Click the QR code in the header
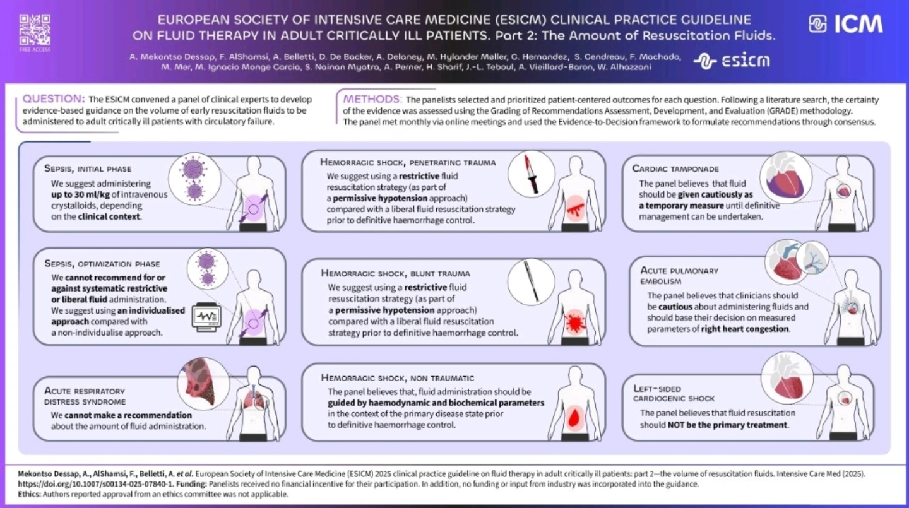point(35,28)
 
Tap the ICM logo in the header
point(845,25)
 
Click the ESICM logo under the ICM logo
point(732,61)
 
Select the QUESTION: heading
point(53,99)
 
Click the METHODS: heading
point(371,99)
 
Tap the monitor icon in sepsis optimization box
point(208,316)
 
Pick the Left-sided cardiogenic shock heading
point(674,393)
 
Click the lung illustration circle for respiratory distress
point(202,382)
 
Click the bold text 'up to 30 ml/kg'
point(85,194)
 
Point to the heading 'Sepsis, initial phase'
point(88,168)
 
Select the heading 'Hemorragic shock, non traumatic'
point(397,377)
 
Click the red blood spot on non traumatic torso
point(574,417)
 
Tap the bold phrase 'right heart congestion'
point(745,329)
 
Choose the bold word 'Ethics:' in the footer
point(28,494)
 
